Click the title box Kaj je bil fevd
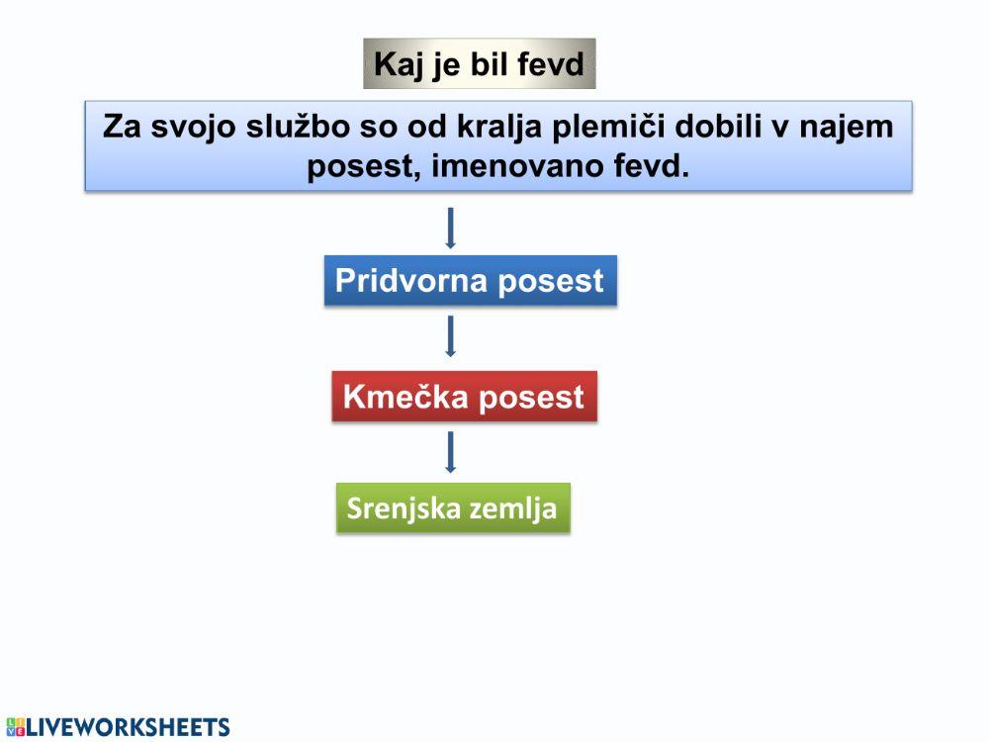480,64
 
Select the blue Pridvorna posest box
470,281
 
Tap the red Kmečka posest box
464,397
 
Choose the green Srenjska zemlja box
453,509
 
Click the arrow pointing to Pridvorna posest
451,228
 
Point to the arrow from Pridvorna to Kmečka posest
451,336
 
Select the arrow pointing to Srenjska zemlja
451,452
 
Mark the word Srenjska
404,510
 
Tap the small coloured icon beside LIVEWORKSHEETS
13,728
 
